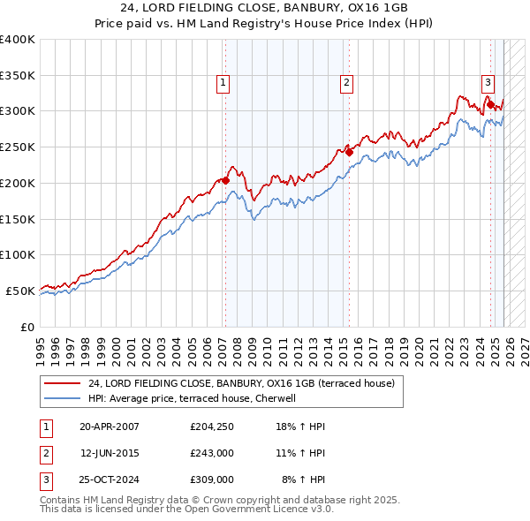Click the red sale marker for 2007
point(225,180)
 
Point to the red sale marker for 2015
point(349,152)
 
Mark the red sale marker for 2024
point(490,104)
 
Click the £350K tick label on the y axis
point(18,75)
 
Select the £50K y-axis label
point(20,291)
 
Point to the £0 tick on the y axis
point(27,327)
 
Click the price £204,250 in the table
point(211,426)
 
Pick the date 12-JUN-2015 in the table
point(110,452)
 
